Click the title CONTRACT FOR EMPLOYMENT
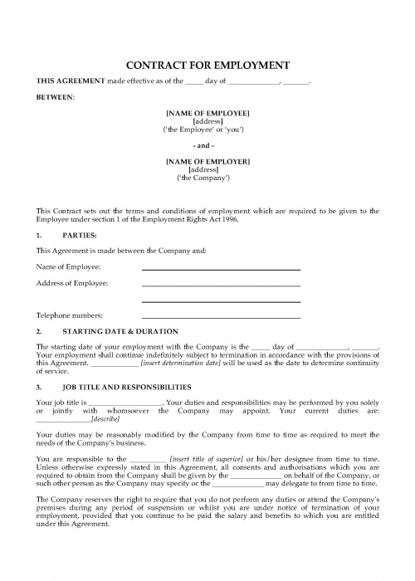tap(207, 65)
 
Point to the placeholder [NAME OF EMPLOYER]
tap(207, 160)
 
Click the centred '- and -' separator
tap(207, 144)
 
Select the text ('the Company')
tap(207, 178)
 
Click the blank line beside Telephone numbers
tap(221, 317)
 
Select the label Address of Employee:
tap(72, 283)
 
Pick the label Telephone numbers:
tap(69, 315)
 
